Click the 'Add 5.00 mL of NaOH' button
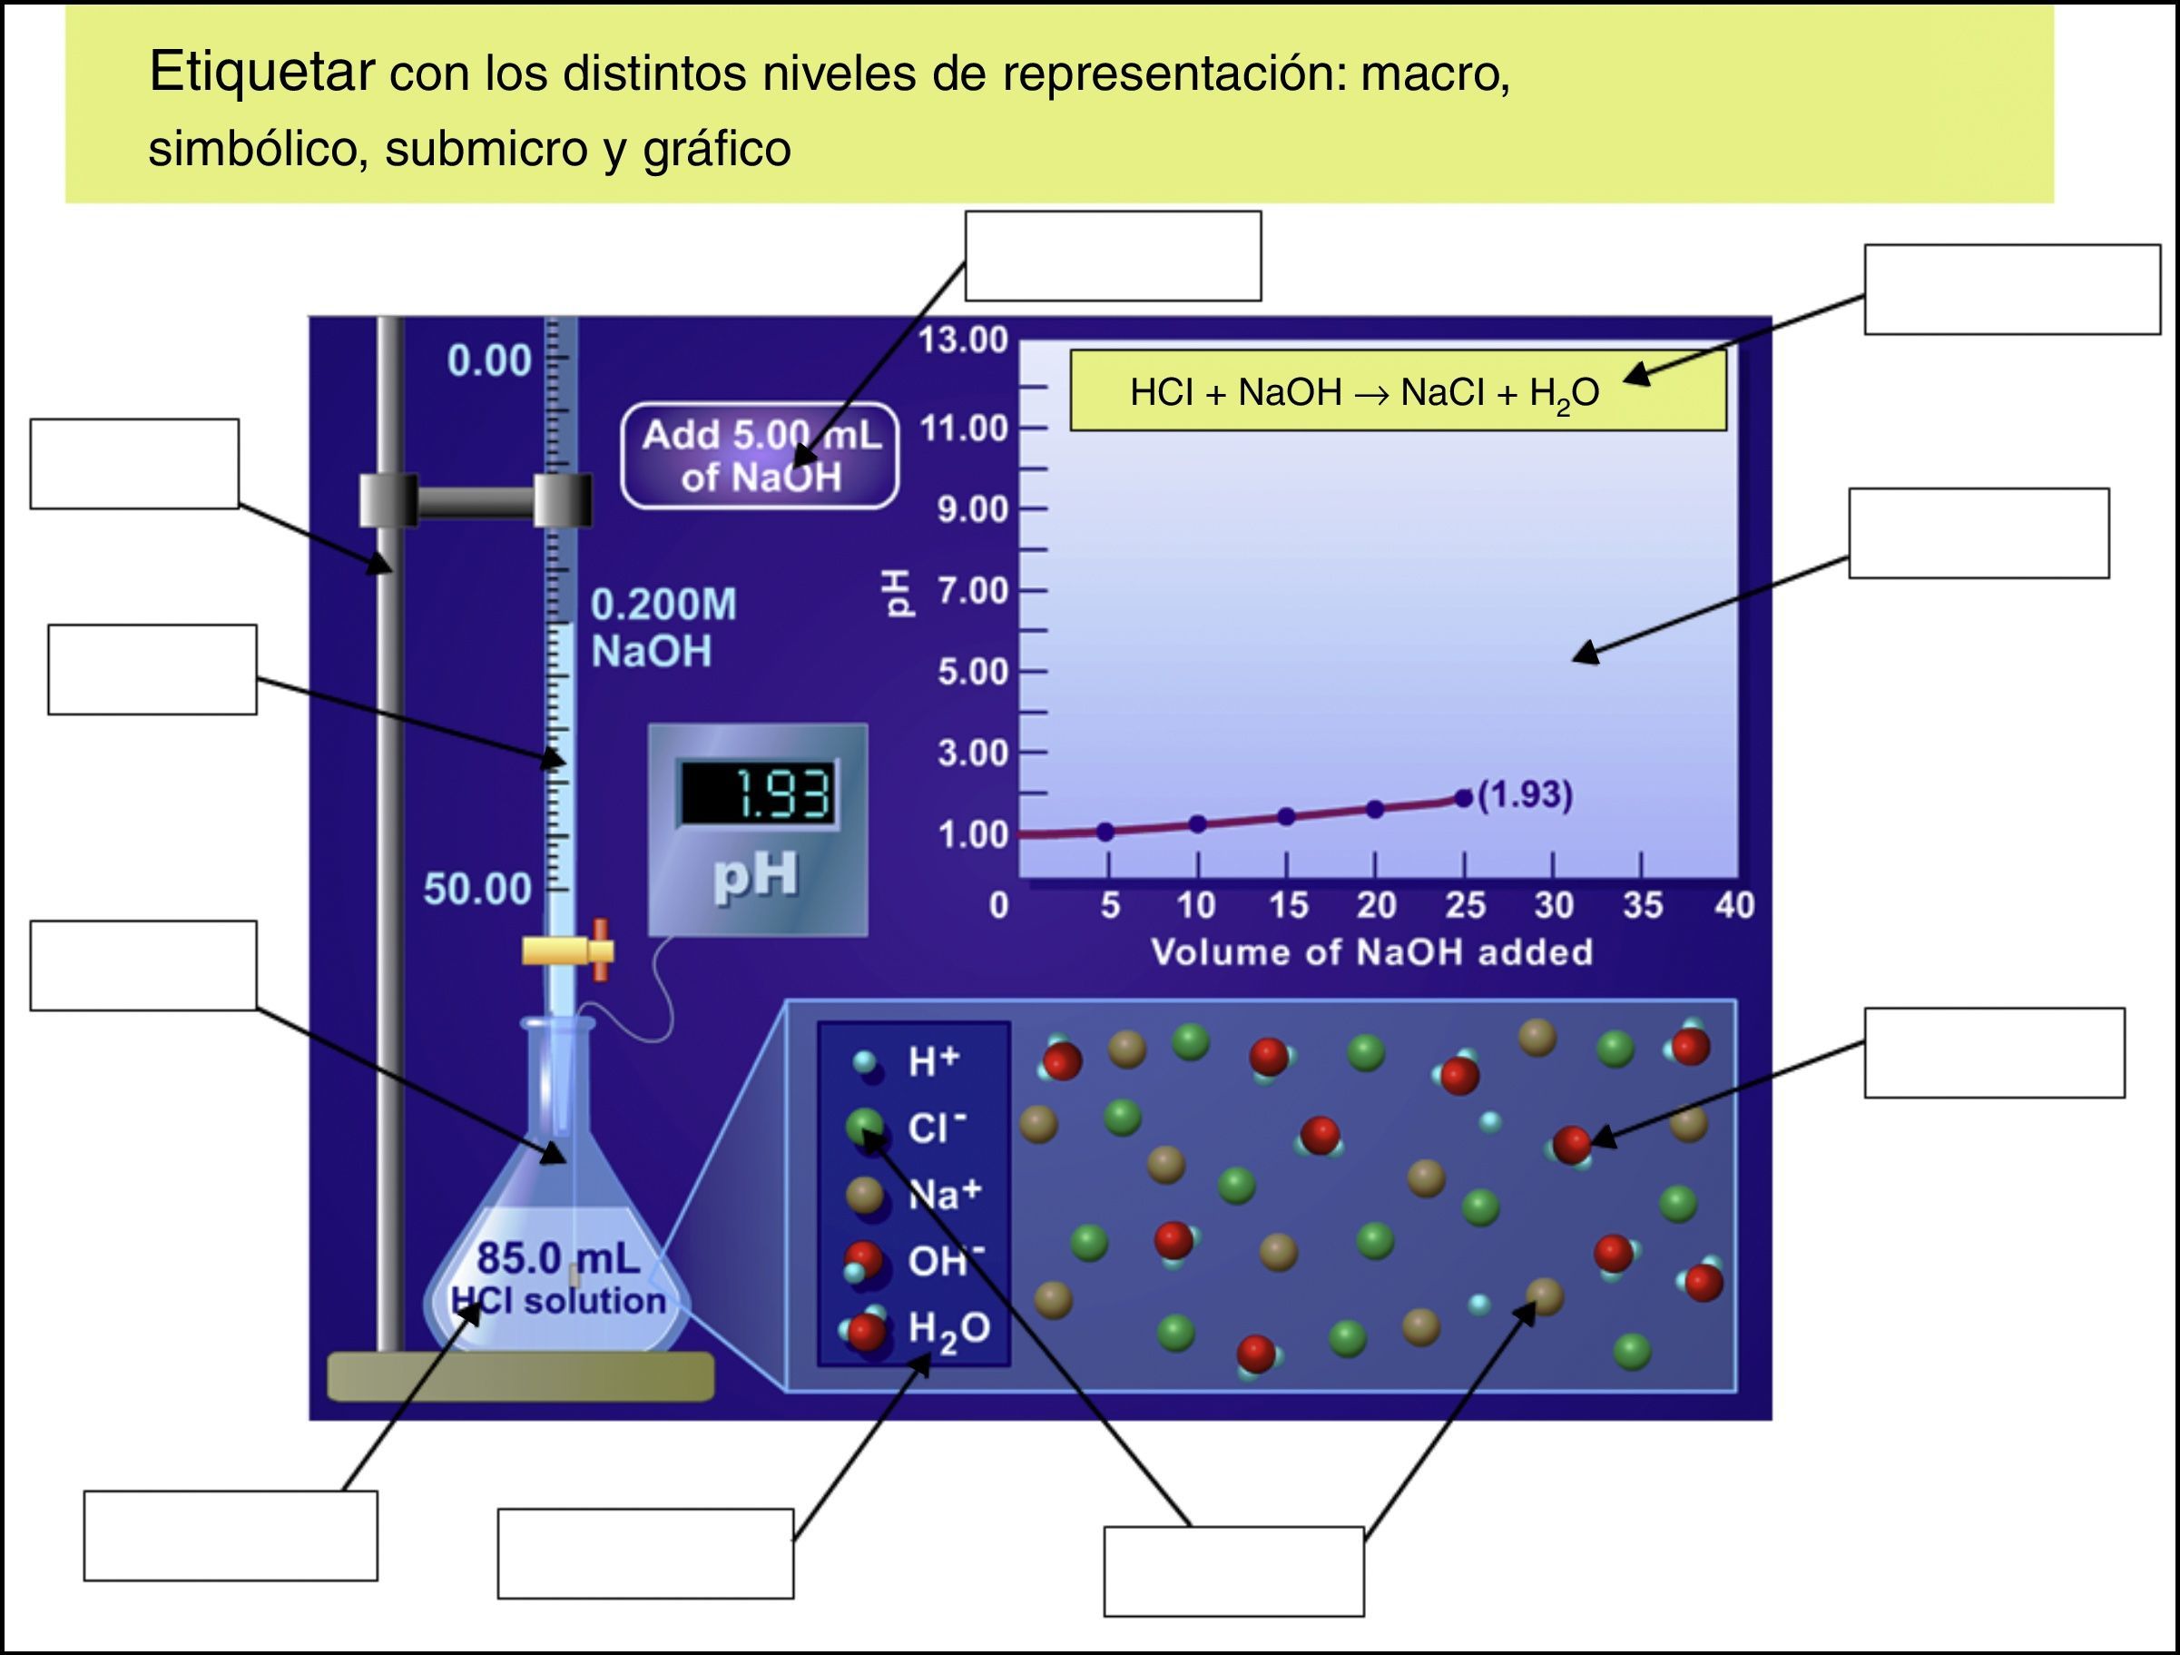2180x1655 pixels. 760,456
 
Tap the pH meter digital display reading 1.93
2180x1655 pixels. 757,793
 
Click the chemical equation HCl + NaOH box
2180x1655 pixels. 1397,391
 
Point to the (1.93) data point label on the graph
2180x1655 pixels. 1525,794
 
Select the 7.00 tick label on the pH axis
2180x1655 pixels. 972,590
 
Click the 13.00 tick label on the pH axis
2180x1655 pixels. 963,340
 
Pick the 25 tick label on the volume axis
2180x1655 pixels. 1465,905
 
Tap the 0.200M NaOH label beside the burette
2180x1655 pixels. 663,628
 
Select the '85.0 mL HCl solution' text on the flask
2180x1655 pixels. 558,1279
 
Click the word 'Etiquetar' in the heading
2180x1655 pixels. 262,71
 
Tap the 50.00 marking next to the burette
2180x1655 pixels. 478,889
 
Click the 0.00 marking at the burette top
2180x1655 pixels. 489,360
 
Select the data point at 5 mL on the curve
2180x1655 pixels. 1105,832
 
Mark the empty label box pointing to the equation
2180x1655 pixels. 2011,290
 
